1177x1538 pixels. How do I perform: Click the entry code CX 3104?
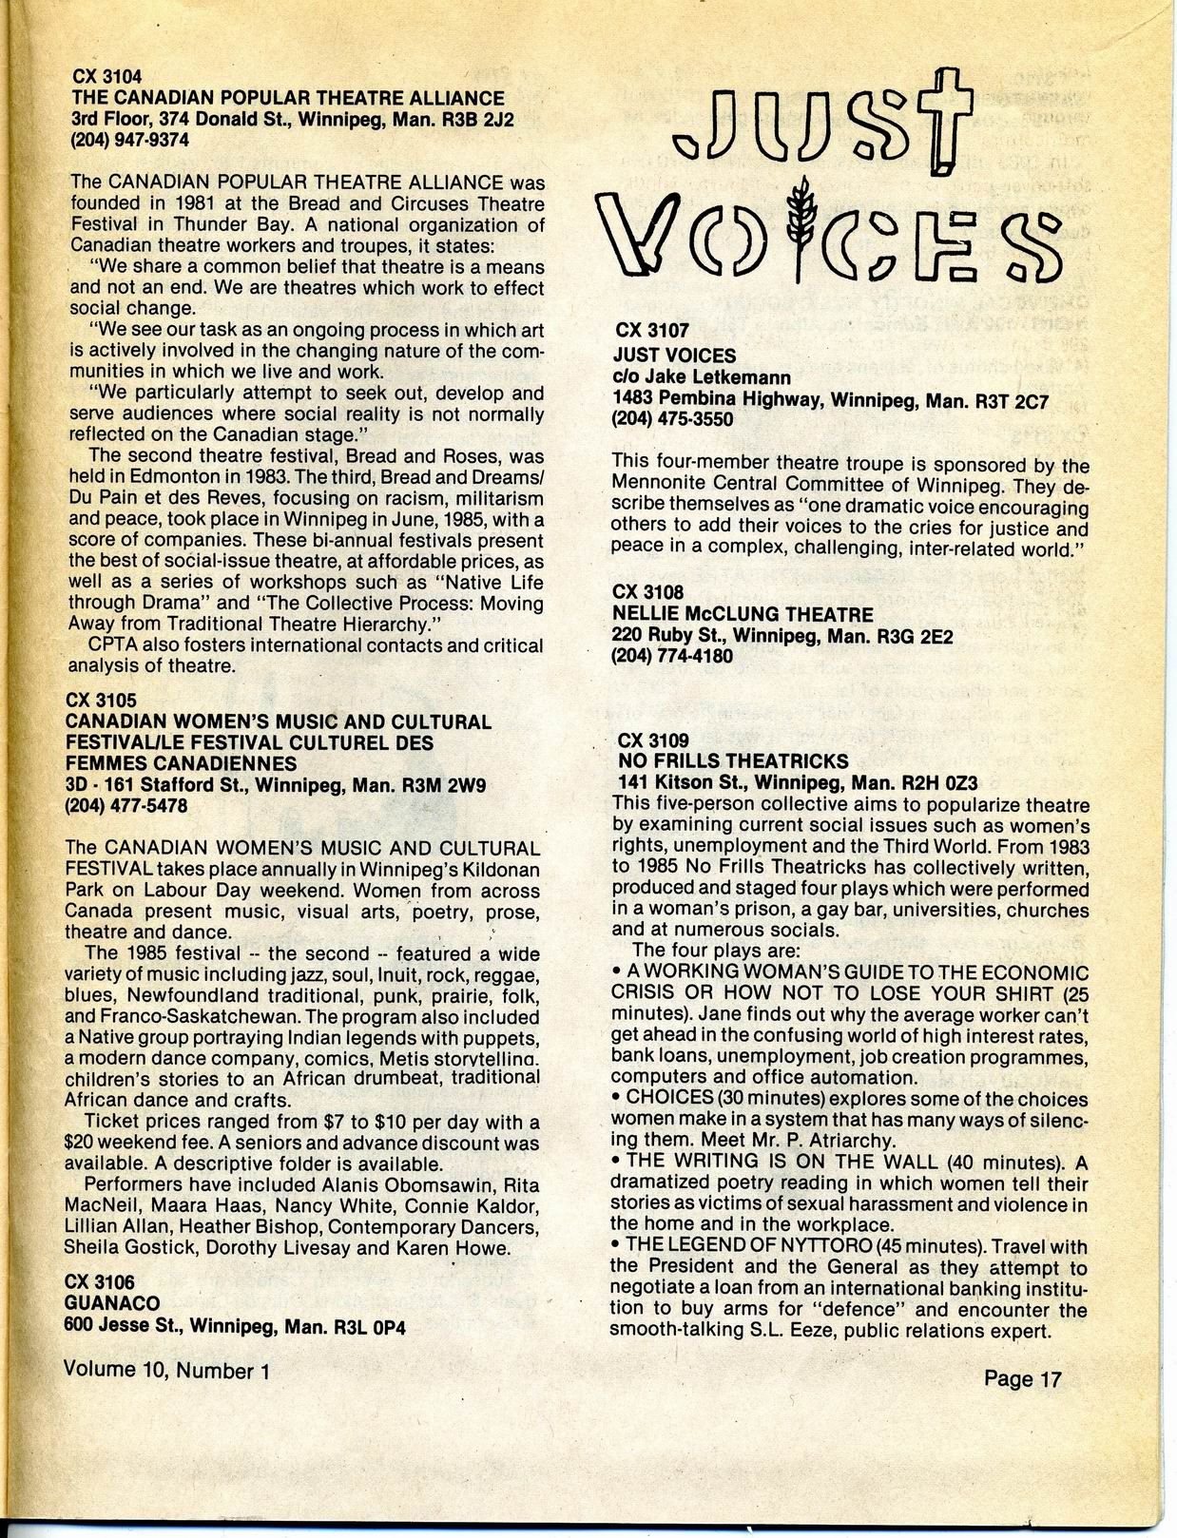(x=107, y=77)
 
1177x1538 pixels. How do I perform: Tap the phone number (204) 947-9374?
(x=130, y=140)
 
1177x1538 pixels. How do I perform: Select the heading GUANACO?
(x=112, y=1303)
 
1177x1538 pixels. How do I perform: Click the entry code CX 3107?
(x=652, y=332)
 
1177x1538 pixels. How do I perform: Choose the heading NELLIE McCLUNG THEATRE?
(x=743, y=614)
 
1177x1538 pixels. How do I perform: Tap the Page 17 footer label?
(x=1022, y=1378)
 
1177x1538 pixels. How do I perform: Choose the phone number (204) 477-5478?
(x=125, y=806)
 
